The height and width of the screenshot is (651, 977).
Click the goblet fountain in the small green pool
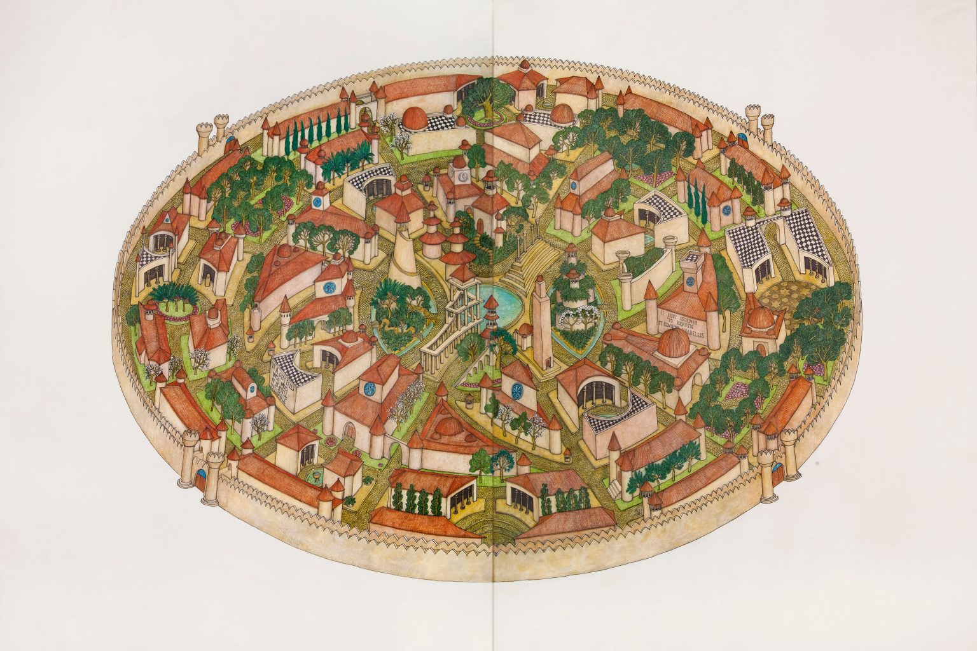[x=315, y=475]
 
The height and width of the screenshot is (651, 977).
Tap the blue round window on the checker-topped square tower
[x=316, y=203]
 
